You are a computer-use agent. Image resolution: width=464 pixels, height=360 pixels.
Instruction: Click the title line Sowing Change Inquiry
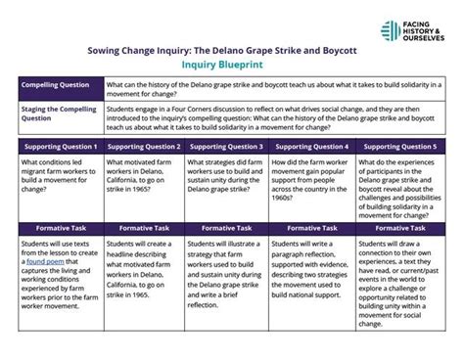click(232, 48)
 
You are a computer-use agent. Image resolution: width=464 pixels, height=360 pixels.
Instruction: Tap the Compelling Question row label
click(56, 84)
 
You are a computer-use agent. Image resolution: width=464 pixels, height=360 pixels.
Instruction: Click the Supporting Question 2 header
click(146, 146)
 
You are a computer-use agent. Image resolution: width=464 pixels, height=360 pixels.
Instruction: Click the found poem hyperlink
click(44, 262)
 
